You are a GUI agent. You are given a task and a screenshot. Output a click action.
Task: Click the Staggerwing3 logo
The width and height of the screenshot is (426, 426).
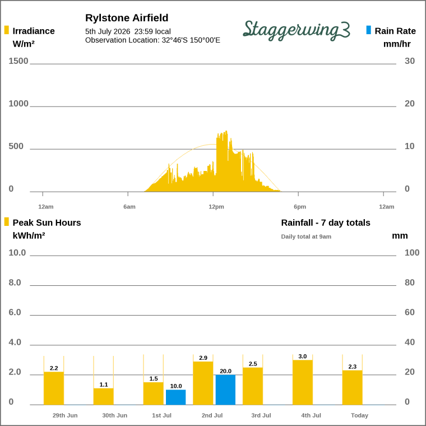pyautogui.click(x=297, y=30)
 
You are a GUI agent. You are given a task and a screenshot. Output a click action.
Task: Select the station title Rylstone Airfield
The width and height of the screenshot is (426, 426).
pyautogui.click(x=127, y=18)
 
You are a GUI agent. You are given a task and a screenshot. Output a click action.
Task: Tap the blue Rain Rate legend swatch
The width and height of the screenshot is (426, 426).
pyautogui.click(x=368, y=30)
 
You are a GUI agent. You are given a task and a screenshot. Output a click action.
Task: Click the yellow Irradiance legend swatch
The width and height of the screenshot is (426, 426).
pyautogui.click(x=7, y=30)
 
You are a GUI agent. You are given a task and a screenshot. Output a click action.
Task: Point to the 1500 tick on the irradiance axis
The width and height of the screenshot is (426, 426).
pyautogui.click(x=18, y=61)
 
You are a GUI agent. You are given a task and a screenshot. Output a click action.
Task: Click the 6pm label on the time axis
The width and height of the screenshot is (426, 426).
pyautogui.click(x=300, y=207)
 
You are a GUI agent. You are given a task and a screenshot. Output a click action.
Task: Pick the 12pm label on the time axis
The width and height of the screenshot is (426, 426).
pyautogui.click(x=216, y=207)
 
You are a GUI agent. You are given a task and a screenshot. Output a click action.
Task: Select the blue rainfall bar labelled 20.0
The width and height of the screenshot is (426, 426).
pyautogui.click(x=225, y=390)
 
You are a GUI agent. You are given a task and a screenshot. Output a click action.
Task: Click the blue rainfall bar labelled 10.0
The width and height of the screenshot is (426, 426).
pyautogui.click(x=176, y=397)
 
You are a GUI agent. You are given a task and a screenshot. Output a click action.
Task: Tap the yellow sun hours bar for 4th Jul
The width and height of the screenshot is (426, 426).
pyautogui.click(x=303, y=382)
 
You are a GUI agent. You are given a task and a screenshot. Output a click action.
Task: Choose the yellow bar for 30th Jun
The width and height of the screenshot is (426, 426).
pyautogui.click(x=104, y=397)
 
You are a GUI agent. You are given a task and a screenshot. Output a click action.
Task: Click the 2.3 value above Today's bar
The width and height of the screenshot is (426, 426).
pyautogui.click(x=353, y=367)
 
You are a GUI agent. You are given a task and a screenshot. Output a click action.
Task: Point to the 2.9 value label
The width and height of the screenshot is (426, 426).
pyautogui.click(x=203, y=358)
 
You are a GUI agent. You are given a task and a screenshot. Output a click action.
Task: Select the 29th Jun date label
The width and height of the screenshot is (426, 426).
pyautogui.click(x=65, y=415)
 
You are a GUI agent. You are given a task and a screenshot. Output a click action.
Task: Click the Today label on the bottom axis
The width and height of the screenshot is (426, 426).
pyautogui.click(x=359, y=415)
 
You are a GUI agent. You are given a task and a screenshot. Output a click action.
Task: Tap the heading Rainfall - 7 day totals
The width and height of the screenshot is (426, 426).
pyautogui.click(x=326, y=223)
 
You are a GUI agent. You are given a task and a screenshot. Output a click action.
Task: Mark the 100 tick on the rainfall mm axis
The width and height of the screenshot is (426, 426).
pyautogui.click(x=412, y=253)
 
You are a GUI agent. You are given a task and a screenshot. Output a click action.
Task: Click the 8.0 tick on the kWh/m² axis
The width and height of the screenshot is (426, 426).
pyautogui.click(x=15, y=283)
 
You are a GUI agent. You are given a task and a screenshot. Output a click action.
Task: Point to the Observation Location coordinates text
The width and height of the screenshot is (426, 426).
pyautogui.click(x=152, y=40)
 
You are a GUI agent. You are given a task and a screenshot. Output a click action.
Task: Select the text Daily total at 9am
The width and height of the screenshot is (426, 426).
pyautogui.click(x=306, y=237)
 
